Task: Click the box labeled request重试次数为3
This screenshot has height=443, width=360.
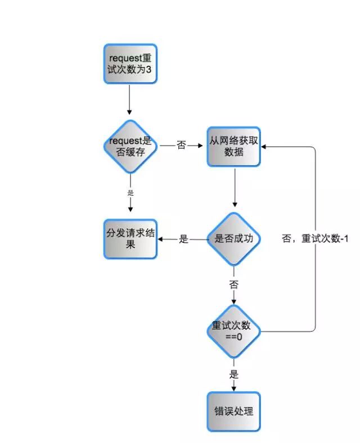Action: [x=130, y=65]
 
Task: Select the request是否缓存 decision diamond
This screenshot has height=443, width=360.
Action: [x=130, y=146]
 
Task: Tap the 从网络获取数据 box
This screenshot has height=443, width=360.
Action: [x=234, y=146]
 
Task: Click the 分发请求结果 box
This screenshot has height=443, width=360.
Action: [x=130, y=239]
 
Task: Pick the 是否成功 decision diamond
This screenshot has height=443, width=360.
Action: [x=234, y=239]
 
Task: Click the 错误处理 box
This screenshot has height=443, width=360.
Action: [x=234, y=411]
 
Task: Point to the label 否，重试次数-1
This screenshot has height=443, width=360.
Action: [x=315, y=238]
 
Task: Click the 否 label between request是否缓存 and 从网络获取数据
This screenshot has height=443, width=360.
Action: [x=181, y=146]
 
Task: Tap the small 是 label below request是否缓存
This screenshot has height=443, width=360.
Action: [x=130, y=193]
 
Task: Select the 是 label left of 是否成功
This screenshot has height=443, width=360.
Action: [x=183, y=239]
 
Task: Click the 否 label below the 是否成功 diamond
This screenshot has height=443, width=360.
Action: [x=233, y=284]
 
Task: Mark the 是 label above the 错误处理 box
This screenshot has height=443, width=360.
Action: [x=234, y=374]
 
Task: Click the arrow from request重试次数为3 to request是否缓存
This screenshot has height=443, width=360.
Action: [x=130, y=100]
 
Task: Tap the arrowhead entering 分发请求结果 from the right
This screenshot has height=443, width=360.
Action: [x=161, y=239]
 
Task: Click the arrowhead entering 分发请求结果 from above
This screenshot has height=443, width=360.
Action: [x=130, y=209]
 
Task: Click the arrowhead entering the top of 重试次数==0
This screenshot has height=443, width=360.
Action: [x=234, y=301]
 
